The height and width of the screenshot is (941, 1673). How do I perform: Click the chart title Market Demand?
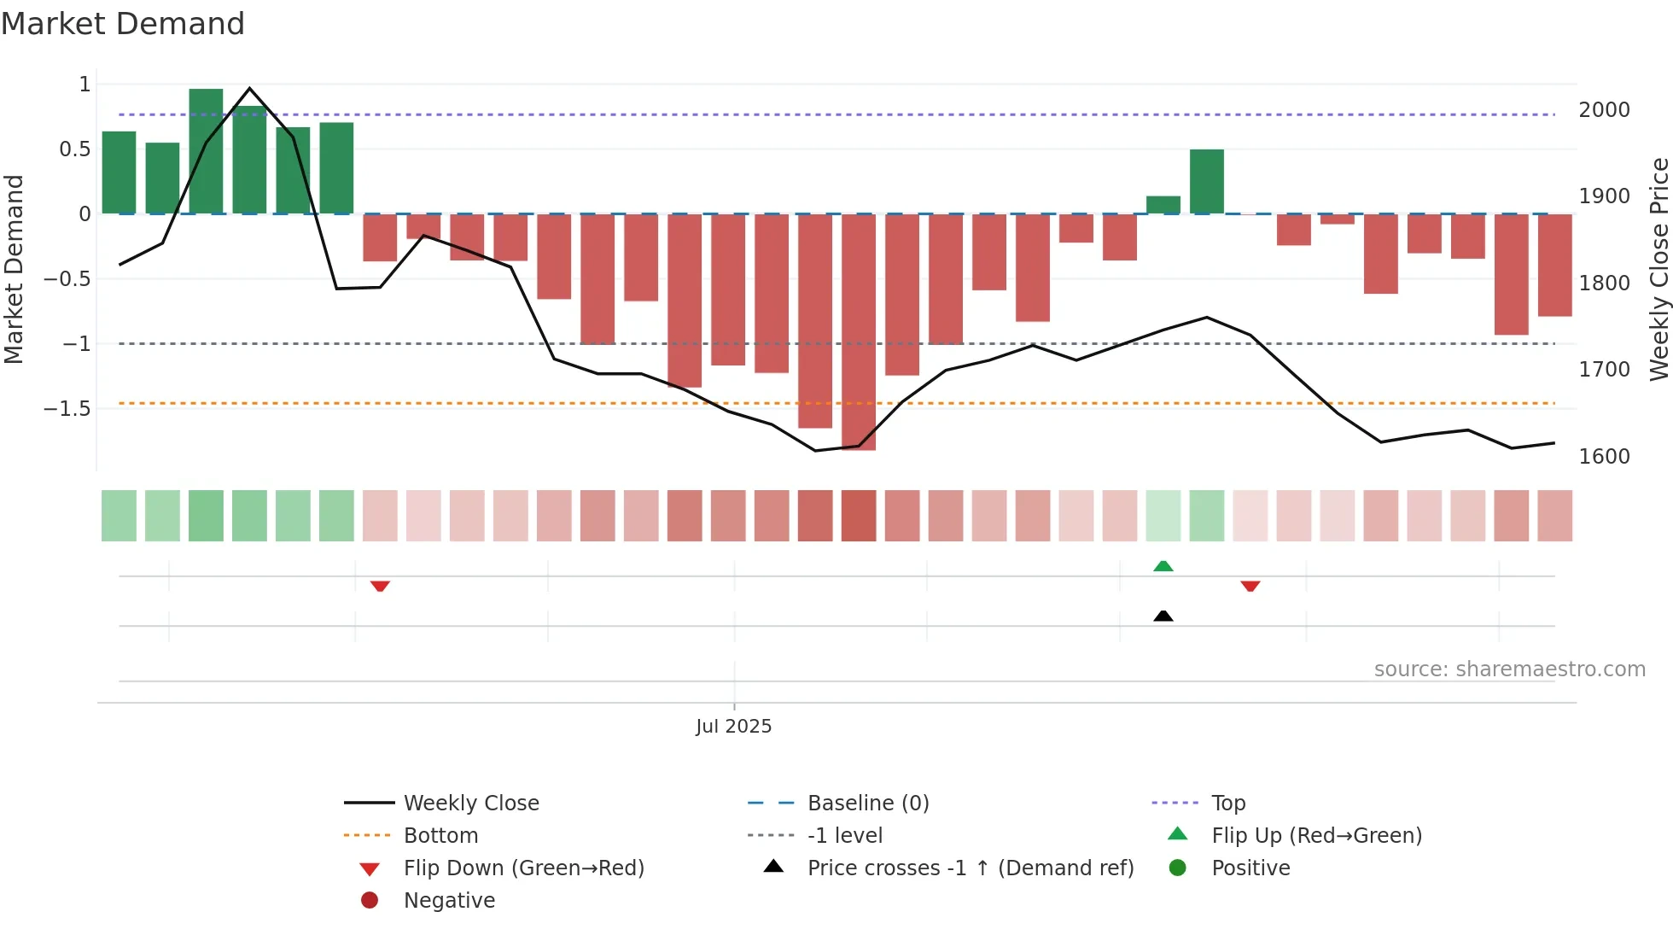pos(123,24)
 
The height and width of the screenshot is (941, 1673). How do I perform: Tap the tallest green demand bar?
pos(206,151)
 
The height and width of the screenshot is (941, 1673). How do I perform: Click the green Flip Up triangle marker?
pos(1163,566)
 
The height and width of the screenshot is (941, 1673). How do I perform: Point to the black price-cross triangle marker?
pos(1163,616)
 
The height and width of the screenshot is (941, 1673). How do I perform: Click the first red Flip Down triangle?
pos(380,586)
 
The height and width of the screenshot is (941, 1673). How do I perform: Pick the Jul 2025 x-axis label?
pos(733,727)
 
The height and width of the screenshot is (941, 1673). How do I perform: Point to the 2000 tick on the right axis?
pos(1604,110)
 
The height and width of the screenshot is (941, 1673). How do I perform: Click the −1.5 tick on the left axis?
pos(67,409)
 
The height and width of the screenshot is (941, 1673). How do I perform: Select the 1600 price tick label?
pos(1604,457)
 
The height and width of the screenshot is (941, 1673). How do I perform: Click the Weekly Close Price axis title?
pos(1658,269)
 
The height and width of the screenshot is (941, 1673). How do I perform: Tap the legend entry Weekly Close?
pos(470,804)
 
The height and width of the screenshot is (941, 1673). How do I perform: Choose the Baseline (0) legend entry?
pos(867,804)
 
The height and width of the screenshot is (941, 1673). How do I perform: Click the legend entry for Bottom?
pos(440,836)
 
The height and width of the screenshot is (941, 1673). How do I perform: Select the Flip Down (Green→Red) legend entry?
pos(523,868)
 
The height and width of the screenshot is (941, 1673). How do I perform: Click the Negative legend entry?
pos(449,901)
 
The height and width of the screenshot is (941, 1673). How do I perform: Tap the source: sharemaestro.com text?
pos(1509,669)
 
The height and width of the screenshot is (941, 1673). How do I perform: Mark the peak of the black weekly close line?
pos(249,89)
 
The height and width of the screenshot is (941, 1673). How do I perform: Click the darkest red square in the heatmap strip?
pos(858,516)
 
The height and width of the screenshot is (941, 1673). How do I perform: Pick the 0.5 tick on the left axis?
pos(75,149)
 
